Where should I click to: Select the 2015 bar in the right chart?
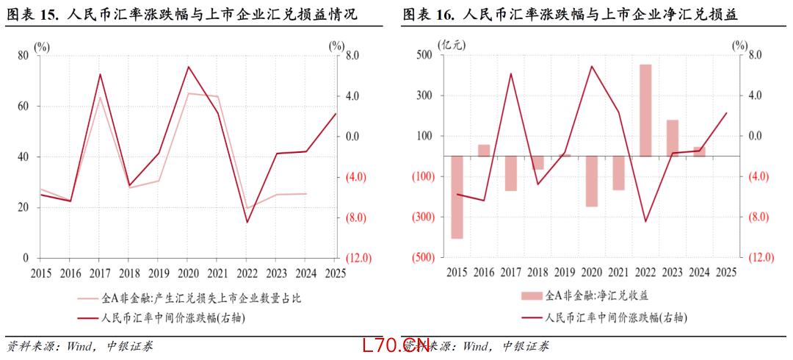click(x=457, y=197)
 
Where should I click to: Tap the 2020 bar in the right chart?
click(x=592, y=181)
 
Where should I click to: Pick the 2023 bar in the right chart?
click(x=673, y=137)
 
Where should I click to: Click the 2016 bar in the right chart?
click(x=484, y=150)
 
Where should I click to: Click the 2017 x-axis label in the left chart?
click(x=98, y=272)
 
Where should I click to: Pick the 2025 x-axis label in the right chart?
click(x=725, y=272)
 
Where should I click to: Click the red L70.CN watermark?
click(x=395, y=345)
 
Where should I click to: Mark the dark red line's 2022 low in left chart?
click(x=247, y=222)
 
